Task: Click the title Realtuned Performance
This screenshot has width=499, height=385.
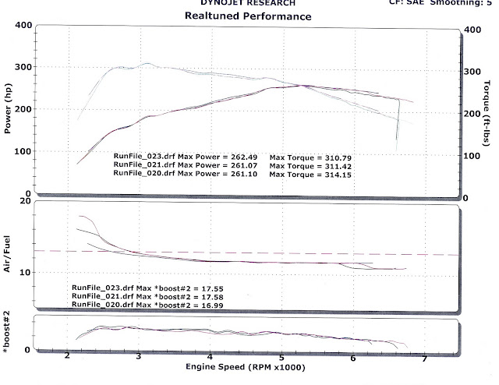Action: (x=248, y=16)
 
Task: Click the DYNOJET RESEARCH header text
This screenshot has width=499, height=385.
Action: (x=248, y=3)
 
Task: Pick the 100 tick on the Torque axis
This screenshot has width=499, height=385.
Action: (x=472, y=157)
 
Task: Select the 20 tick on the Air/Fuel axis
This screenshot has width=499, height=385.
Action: (x=23, y=201)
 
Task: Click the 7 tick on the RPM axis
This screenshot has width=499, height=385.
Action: (x=424, y=358)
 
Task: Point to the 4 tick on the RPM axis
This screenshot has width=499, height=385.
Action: (x=211, y=358)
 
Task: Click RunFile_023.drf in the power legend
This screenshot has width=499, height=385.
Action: (x=139, y=157)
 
